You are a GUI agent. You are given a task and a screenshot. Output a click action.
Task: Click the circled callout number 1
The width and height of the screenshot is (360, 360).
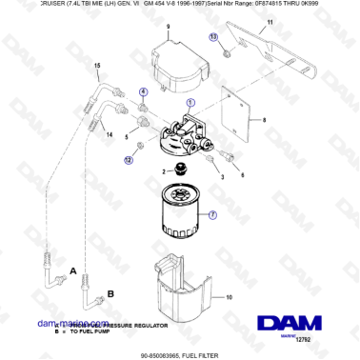[190, 102]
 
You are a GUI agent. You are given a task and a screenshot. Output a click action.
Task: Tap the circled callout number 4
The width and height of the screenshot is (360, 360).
[144, 92]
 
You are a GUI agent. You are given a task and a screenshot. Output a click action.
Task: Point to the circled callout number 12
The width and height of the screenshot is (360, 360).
[141, 161]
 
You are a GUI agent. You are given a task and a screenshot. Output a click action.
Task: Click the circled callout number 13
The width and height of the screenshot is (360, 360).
[213, 36]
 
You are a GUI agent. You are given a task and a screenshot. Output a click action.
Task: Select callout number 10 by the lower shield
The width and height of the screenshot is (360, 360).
[228, 296]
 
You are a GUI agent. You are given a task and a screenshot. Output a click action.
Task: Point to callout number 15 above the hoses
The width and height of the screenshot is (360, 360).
[96, 65]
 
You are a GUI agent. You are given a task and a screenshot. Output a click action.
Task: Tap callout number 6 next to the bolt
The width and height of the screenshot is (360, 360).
[242, 175]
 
